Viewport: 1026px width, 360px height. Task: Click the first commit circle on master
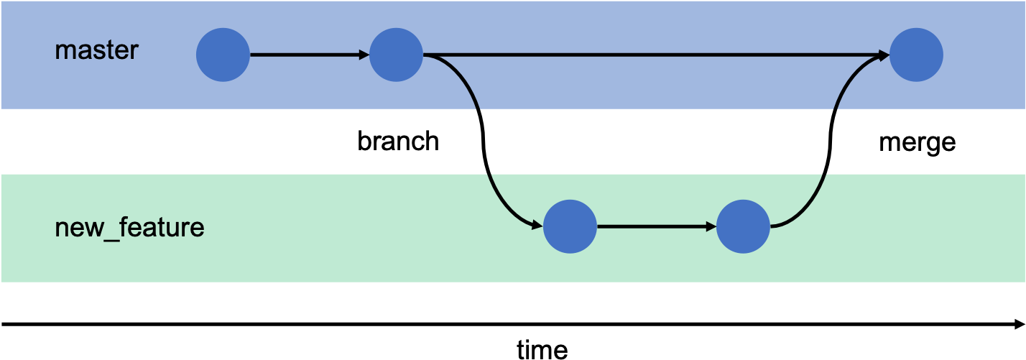point(223,55)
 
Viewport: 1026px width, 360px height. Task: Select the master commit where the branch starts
point(396,55)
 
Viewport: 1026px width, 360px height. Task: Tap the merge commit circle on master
point(916,55)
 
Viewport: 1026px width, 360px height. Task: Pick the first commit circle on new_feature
point(570,226)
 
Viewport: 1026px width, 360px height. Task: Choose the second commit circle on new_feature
point(743,226)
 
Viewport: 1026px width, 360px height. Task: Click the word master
point(97,50)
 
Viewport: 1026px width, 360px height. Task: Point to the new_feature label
point(129,228)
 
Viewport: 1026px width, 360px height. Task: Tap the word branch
point(398,141)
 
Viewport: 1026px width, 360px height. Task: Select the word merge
point(918,143)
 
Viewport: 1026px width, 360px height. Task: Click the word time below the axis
point(542,350)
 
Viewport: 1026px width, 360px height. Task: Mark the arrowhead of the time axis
point(1020,324)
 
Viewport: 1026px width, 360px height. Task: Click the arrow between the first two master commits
point(310,55)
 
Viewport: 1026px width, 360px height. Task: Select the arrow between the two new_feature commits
point(657,226)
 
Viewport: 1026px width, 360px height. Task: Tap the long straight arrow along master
point(656,55)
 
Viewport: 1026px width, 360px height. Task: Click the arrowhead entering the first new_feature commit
point(537,226)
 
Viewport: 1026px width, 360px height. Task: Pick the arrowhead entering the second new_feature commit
point(711,226)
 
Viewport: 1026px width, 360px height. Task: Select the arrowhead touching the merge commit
point(884,55)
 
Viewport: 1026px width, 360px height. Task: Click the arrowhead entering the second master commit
point(364,55)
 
